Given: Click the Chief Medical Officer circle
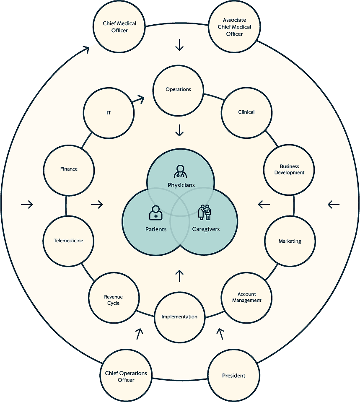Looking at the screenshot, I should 120,27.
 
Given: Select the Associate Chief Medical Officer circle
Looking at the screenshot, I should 234,27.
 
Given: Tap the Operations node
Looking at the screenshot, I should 178,90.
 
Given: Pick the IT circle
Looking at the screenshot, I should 109,113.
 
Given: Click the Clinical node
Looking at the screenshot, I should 246,112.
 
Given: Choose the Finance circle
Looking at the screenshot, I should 69,169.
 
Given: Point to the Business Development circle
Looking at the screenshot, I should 290,169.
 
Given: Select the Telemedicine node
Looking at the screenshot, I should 68,241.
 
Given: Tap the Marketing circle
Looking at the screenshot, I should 290,241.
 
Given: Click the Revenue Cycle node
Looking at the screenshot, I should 114,300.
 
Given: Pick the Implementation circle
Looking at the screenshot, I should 179,317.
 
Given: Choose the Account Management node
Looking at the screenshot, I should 247,298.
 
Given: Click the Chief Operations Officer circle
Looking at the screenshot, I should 126,376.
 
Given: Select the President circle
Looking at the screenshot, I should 234,376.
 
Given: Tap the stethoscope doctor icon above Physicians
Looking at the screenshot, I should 180,171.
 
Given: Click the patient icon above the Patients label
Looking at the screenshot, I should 155,213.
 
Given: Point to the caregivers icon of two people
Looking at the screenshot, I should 205,212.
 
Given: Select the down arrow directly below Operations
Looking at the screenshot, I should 179,130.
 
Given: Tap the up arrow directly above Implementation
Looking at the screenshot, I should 179,275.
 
